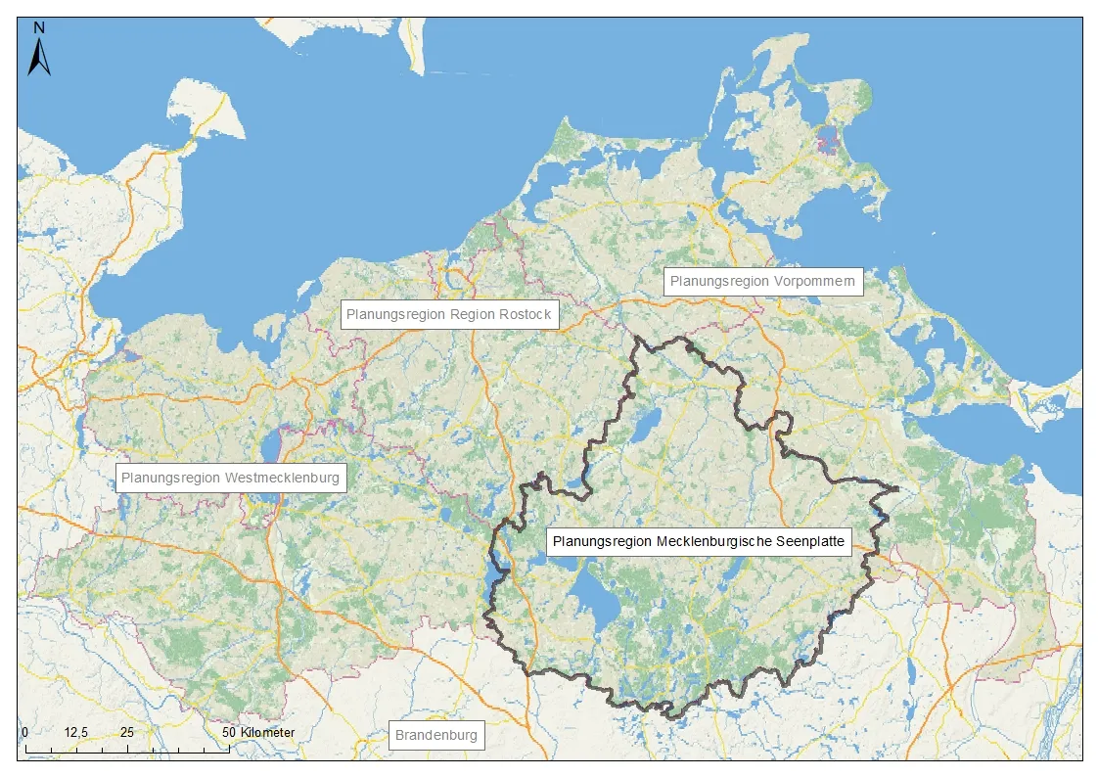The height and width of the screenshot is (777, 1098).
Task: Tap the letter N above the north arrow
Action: coord(39,28)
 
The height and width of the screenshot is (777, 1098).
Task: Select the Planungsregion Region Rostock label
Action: coord(449,315)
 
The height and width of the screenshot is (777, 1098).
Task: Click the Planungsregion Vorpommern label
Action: coord(763,281)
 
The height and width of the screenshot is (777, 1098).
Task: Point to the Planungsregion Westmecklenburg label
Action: coord(231,479)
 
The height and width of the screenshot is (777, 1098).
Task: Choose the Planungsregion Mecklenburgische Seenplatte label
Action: coord(698,541)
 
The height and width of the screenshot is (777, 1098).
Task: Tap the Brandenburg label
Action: coord(436,735)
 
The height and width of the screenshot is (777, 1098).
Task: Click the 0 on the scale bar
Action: coord(24,733)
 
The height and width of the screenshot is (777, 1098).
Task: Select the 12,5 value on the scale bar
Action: coord(76,733)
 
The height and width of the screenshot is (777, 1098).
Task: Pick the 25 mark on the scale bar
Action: coord(127,733)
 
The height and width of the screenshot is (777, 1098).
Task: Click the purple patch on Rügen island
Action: coord(832,144)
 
